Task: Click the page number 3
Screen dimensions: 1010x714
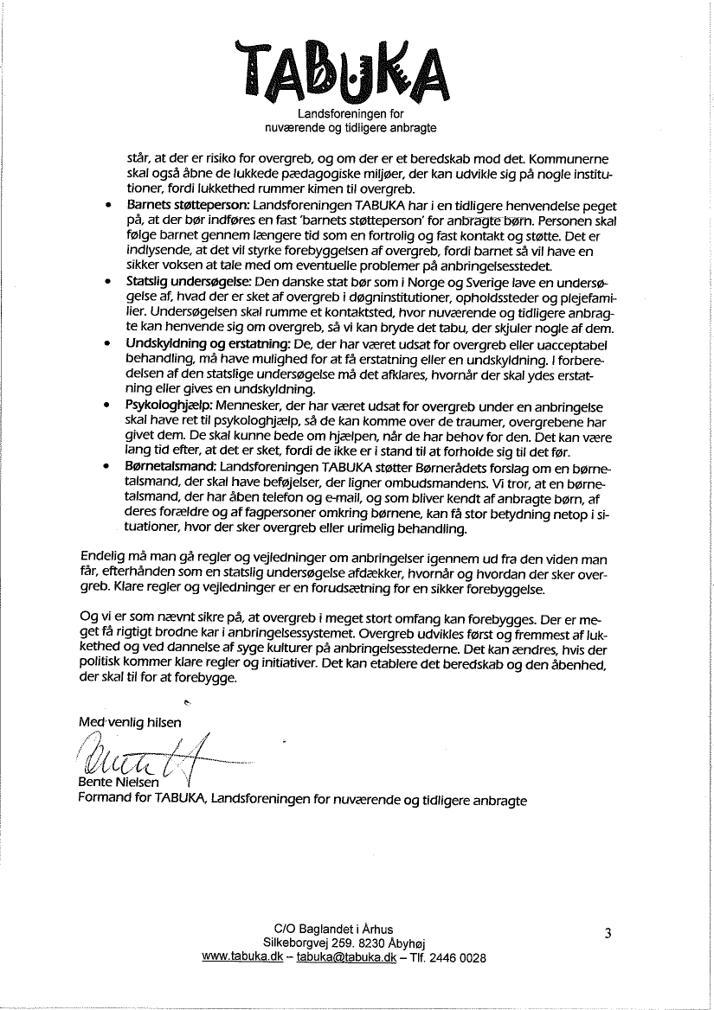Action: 608,933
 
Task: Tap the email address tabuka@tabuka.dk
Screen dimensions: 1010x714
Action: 346,958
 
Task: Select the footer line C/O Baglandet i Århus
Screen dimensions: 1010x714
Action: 344,929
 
